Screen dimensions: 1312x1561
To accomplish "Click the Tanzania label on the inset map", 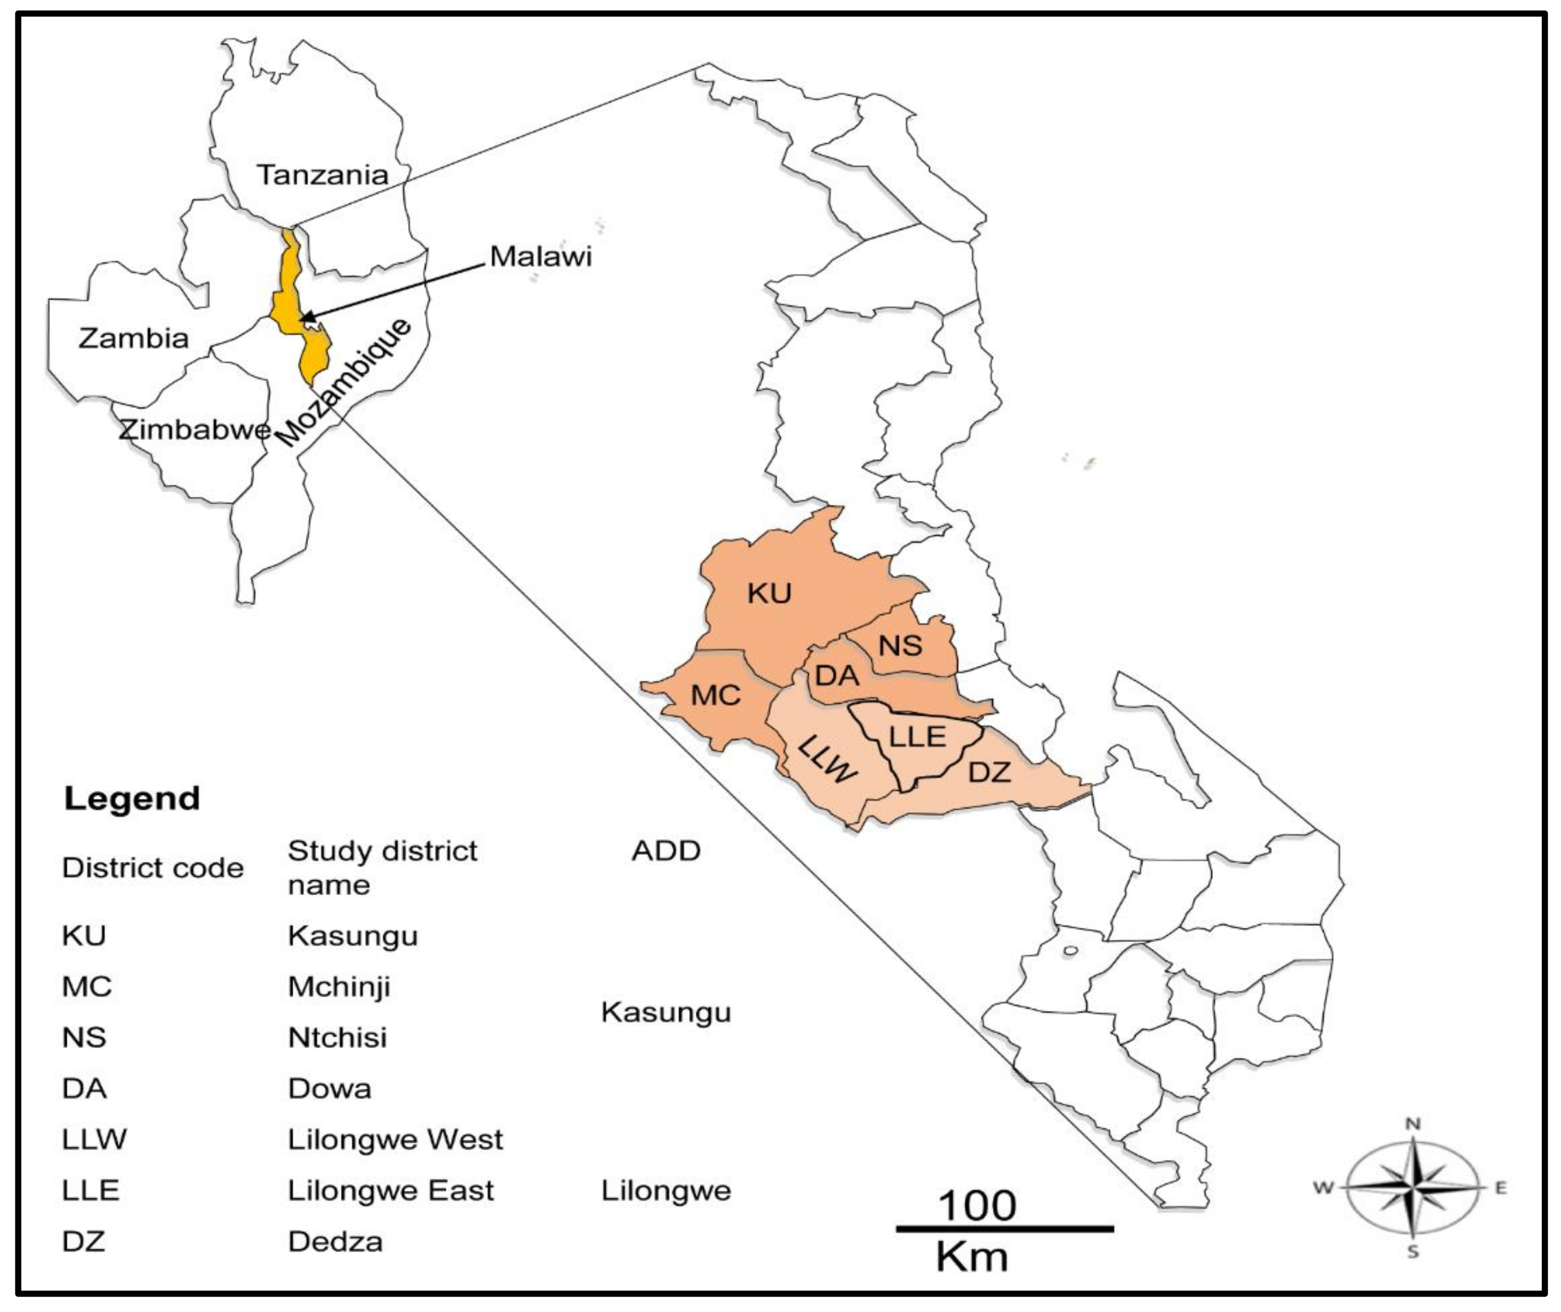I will click(323, 175).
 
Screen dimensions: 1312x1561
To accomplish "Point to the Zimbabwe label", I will click(195, 430).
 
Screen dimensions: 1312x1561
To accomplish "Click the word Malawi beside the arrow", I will click(540, 256).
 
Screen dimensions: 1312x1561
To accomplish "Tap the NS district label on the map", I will click(900, 646).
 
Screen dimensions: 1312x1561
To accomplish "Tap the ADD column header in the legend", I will click(665, 851).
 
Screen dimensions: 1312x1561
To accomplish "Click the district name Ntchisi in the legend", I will click(337, 1037).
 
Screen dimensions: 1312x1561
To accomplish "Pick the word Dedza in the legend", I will click(335, 1241).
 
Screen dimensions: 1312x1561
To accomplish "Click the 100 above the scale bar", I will click(977, 1206).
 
